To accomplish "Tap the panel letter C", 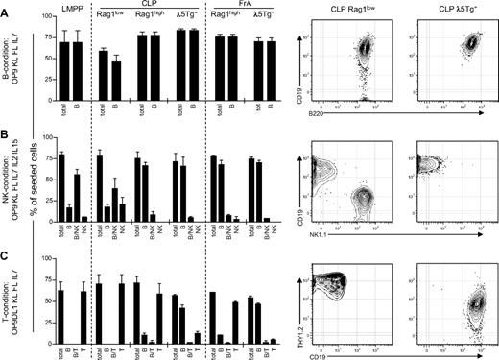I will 5,254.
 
